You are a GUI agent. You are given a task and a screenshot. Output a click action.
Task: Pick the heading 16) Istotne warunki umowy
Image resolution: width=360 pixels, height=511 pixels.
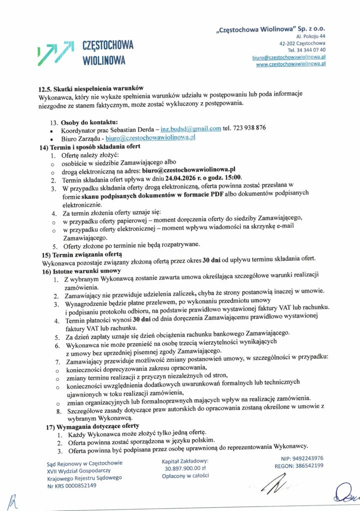[81, 270]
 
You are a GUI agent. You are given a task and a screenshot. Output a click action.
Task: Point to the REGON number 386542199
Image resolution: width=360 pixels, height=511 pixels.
[309, 466]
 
